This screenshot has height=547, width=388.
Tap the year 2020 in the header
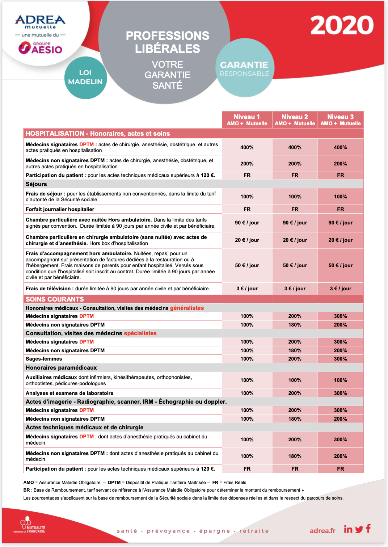342,25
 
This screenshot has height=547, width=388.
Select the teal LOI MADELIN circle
85,77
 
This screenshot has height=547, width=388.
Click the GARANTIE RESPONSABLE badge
245,68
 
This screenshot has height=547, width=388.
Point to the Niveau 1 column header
247,120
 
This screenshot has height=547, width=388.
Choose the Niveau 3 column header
340,120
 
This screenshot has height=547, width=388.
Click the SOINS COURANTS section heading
55,299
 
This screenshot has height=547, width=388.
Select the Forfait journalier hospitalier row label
60,209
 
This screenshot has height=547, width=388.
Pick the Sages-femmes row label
44,359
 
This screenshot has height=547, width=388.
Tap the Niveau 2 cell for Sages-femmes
295,359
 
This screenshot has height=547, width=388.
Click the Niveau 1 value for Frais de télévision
247,289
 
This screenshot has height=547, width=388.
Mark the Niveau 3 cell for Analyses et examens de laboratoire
340,393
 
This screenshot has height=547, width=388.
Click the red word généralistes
187,308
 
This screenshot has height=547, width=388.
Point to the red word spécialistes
140,333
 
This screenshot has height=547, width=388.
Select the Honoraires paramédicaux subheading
61,368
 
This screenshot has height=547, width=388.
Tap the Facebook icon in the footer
368,529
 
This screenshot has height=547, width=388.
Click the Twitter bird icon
359,529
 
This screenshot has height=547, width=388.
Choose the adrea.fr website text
322,531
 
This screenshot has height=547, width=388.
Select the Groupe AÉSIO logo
41,48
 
